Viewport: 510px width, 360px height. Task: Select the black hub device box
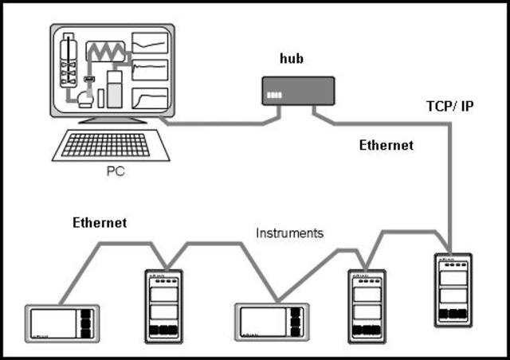coord(298,91)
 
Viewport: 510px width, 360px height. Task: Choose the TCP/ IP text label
coord(450,105)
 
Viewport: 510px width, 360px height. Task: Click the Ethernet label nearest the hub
coord(386,146)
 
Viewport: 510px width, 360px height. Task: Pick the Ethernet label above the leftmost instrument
coord(100,223)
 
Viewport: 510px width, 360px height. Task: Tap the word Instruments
coord(289,233)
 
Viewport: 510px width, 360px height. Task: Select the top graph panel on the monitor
coord(150,41)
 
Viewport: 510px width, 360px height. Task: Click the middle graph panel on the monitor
coord(150,71)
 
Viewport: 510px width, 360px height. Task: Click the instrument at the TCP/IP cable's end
coord(452,294)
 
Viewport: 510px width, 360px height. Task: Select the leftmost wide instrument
coord(61,323)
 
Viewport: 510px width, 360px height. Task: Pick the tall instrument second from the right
coord(367,306)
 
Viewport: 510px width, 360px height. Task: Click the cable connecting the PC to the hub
coord(215,123)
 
